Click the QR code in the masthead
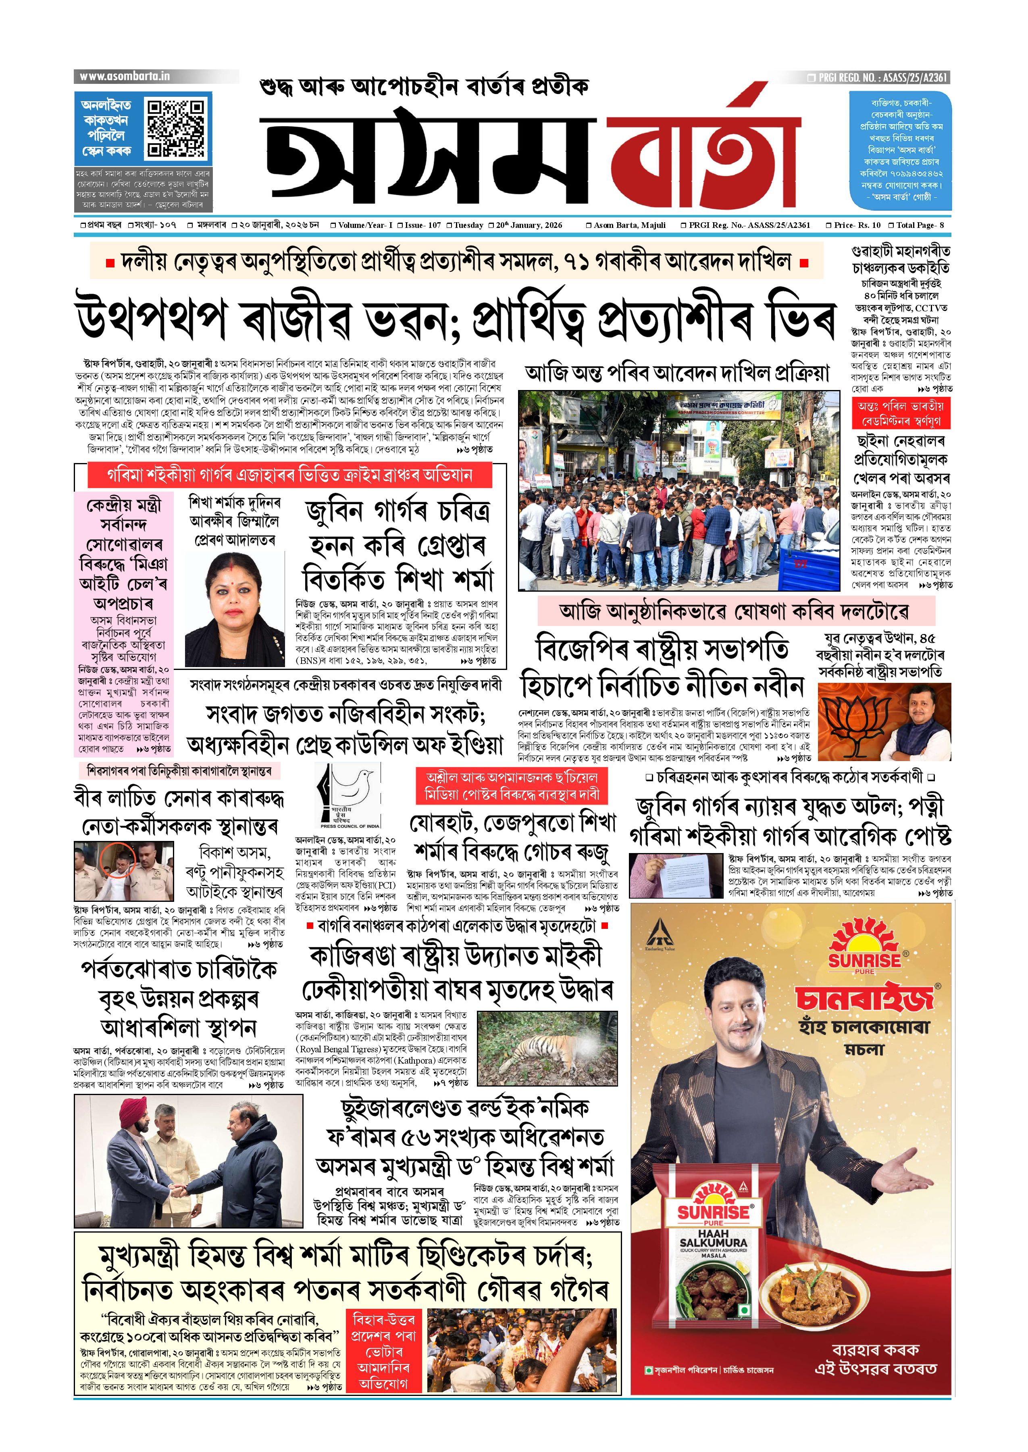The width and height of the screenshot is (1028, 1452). pos(177,128)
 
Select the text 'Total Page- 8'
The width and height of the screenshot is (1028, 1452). pos(919,225)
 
